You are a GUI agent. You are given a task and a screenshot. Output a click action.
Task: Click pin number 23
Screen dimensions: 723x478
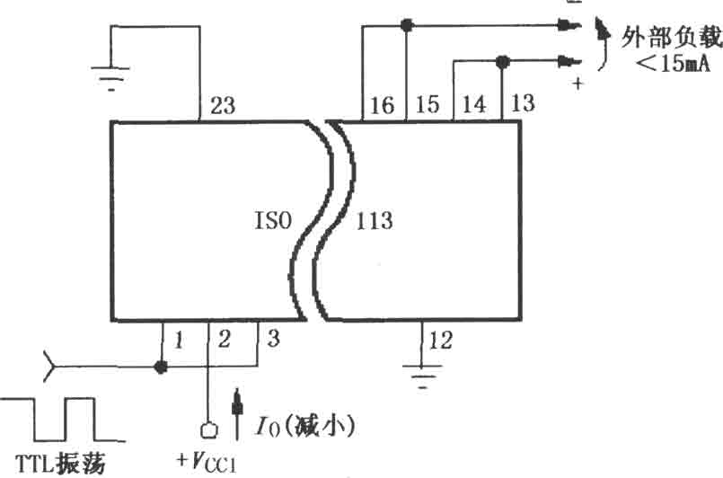[x=223, y=105]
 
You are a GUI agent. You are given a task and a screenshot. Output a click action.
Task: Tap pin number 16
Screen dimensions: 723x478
[x=383, y=105]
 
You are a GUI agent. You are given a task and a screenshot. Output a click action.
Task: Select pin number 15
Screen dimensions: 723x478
[x=428, y=104]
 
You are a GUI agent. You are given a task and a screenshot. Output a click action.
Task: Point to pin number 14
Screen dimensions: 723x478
[x=474, y=104]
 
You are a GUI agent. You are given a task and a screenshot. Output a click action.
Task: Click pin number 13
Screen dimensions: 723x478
[x=523, y=103]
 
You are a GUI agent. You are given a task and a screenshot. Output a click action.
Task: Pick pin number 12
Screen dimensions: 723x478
[x=441, y=341]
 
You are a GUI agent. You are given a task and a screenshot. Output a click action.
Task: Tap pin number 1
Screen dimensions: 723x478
[x=179, y=341]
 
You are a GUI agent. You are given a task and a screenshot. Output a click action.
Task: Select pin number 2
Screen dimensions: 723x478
[x=225, y=340]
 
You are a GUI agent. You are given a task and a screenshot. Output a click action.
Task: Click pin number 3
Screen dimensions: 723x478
[x=273, y=339]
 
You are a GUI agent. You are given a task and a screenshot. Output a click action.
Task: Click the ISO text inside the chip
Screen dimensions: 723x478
[x=273, y=220]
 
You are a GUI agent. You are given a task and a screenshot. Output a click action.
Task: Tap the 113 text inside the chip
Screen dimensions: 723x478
[x=375, y=221]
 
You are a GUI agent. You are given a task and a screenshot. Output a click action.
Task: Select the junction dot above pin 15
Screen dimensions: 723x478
[x=406, y=25]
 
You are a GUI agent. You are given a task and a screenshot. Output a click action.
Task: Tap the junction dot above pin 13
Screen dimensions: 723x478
[x=502, y=61]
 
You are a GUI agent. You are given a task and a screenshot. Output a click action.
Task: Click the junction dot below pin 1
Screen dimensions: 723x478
[x=161, y=367]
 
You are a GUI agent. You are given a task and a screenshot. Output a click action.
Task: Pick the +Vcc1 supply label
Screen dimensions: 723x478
[x=207, y=461]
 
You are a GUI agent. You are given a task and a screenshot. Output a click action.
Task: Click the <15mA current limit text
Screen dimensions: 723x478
[x=673, y=63]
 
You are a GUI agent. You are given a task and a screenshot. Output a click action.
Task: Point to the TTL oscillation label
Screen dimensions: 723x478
[x=60, y=464]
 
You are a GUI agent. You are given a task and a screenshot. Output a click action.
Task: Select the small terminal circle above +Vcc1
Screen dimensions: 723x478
[x=209, y=430]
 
